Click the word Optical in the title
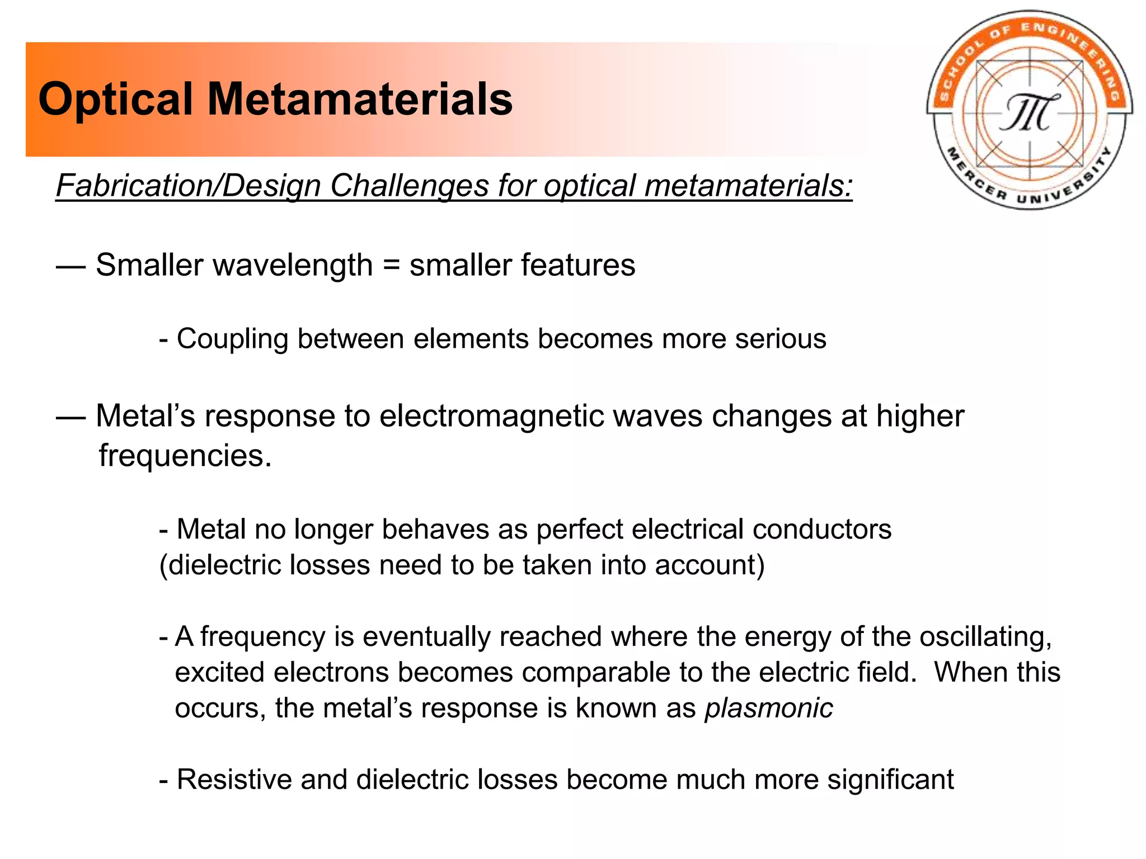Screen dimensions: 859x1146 (115, 100)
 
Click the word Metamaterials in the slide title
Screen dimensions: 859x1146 (360, 100)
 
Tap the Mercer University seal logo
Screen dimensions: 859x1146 (1029, 110)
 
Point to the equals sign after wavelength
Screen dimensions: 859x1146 (391, 265)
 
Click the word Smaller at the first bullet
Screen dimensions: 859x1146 (148, 265)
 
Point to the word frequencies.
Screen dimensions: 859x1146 (185, 455)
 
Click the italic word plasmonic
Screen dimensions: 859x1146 (769, 708)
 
